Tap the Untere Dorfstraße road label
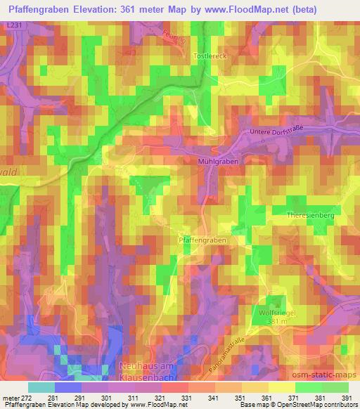tap(276, 131)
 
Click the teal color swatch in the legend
tap(41, 387)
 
